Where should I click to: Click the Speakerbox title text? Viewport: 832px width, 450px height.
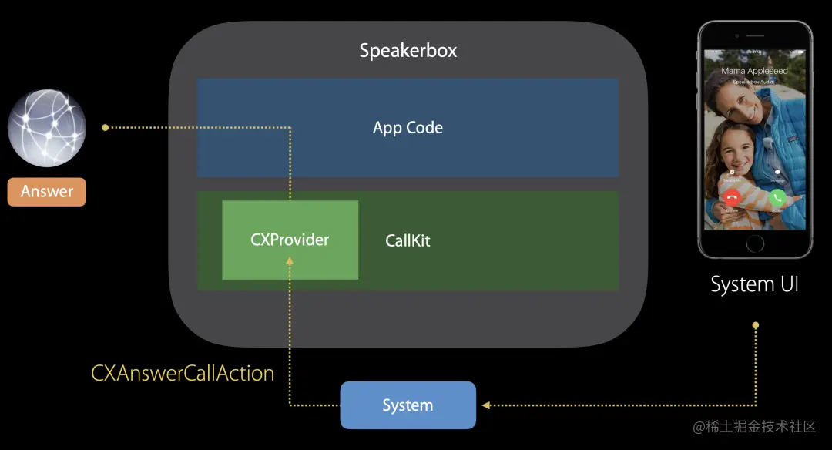[x=408, y=51]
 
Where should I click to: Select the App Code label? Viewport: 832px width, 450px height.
[x=408, y=128]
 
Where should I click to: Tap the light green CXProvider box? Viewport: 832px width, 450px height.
[x=290, y=240]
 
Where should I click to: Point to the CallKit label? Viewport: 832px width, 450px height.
[x=408, y=240]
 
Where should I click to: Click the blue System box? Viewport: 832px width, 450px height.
[x=408, y=405]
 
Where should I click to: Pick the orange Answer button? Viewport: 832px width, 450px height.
[x=47, y=192]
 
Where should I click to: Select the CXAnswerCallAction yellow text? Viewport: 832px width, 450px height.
[x=183, y=374]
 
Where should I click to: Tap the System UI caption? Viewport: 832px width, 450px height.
[x=754, y=284]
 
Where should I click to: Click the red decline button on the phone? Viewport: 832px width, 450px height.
[x=732, y=197]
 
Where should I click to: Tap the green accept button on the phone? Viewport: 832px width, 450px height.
[x=777, y=197]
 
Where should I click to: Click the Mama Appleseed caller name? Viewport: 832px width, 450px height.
[x=754, y=71]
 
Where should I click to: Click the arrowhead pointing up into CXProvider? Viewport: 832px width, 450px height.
[x=290, y=262]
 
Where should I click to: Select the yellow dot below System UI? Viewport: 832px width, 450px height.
[x=755, y=325]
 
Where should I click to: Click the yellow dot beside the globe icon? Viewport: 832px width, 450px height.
[x=105, y=127]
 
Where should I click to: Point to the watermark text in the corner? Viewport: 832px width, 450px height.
[x=754, y=426]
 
